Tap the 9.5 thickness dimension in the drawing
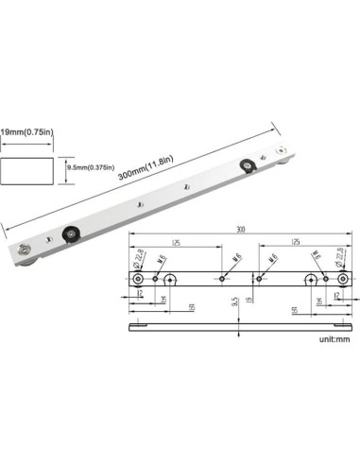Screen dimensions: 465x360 click(x=233, y=303)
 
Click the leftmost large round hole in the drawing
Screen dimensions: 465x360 click(x=139, y=279)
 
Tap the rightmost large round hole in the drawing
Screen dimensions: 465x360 click(x=342, y=279)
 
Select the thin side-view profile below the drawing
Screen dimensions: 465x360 click(x=240, y=328)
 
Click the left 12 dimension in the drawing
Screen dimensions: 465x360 click(x=139, y=295)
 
